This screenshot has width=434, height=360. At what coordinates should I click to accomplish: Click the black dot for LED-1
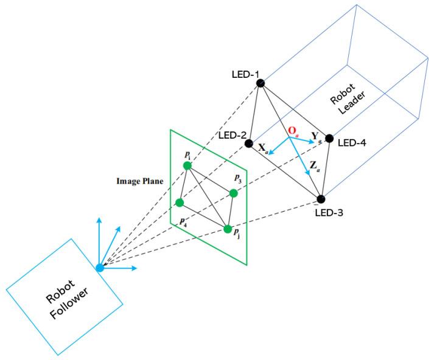[261, 83]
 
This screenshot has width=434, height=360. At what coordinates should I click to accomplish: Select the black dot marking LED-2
[249, 144]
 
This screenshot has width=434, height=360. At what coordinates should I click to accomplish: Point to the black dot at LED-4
[329, 138]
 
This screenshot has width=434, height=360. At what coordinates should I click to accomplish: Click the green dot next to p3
[233, 193]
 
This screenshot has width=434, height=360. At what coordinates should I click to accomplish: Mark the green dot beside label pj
[228, 229]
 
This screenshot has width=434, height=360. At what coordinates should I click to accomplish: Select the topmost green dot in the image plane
[187, 166]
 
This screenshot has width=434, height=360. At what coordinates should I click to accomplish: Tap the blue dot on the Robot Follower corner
[100, 268]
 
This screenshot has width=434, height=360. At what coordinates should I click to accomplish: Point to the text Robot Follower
[65, 297]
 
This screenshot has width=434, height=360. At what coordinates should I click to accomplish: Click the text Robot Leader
[348, 104]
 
